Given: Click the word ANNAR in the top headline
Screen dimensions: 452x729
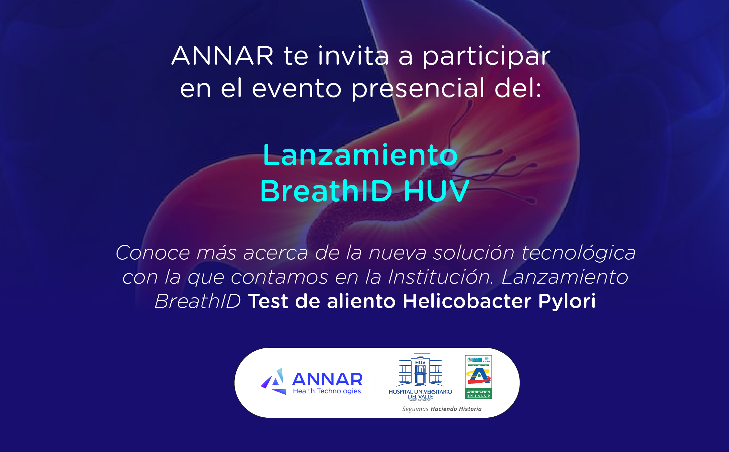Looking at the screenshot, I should [222, 56].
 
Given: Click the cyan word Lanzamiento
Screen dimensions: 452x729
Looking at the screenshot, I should [360, 155].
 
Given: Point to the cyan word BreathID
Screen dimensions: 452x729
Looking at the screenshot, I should [326, 191].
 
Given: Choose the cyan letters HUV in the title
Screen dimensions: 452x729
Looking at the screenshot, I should [436, 191].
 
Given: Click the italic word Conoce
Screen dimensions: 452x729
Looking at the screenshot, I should [153, 253].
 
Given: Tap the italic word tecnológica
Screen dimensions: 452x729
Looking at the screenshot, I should [578, 253].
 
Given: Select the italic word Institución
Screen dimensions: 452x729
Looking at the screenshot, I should [441, 277].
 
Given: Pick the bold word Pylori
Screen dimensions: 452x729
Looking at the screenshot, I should [567, 302].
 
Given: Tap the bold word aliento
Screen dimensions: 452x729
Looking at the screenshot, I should [361, 301].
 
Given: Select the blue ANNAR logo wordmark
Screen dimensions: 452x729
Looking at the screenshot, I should [327, 379].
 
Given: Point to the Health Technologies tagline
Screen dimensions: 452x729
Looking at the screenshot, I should [327, 391].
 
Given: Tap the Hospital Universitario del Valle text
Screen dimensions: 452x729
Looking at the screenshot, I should [420, 394].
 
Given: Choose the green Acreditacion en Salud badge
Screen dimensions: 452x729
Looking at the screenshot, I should [478, 377].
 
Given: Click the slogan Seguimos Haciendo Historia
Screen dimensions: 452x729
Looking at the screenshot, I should [441, 409].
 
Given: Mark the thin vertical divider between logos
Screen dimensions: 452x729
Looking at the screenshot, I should [375, 383].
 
